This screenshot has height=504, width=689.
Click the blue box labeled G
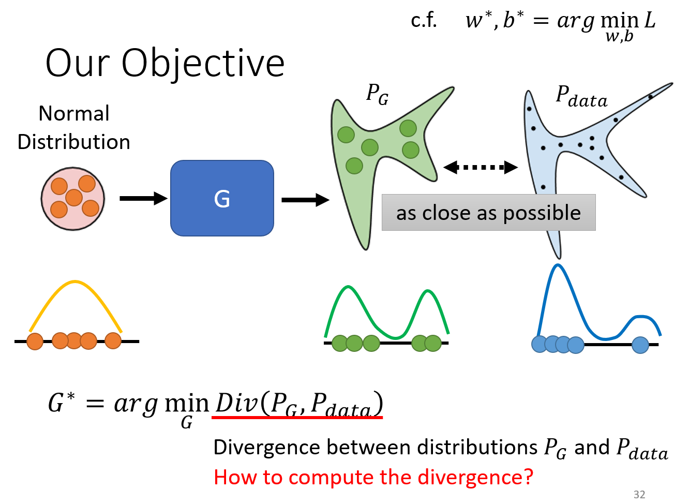point(222,198)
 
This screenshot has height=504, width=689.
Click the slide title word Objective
point(203,63)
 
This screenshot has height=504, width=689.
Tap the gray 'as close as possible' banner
point(488,213)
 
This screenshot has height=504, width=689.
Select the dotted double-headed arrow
point(481,167)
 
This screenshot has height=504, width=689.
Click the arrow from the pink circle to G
point(143,198)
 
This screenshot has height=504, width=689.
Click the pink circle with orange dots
point(73,199)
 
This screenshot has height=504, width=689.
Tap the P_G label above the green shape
point(377,94)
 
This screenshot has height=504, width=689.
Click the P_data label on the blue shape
point(581,97)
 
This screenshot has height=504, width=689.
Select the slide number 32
point(639,495)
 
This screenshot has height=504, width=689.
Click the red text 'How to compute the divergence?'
point(373,477)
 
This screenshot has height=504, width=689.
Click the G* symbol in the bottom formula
point(61,403)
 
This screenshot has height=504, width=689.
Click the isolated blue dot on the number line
point(640,345)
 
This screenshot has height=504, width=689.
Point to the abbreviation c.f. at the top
point(424,21)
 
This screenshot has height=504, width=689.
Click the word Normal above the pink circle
point(74,113)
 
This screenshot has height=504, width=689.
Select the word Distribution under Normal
point(74,142)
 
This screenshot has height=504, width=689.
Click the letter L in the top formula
point(649,21)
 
